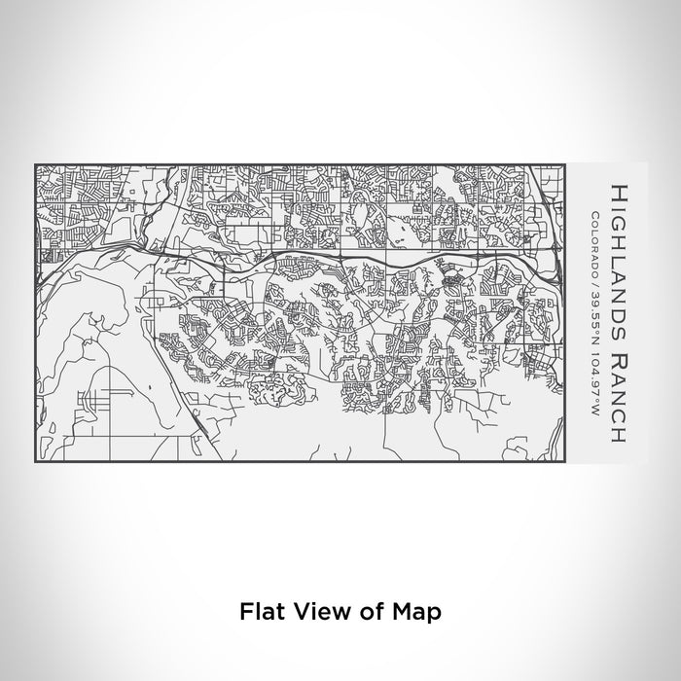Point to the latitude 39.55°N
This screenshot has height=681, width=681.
pyautogui.click(x=595, y=310)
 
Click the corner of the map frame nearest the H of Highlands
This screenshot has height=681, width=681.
pyautogui.click(x=565, y=164)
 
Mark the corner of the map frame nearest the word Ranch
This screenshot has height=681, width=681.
pyautogui.click(x=565, y=461)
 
